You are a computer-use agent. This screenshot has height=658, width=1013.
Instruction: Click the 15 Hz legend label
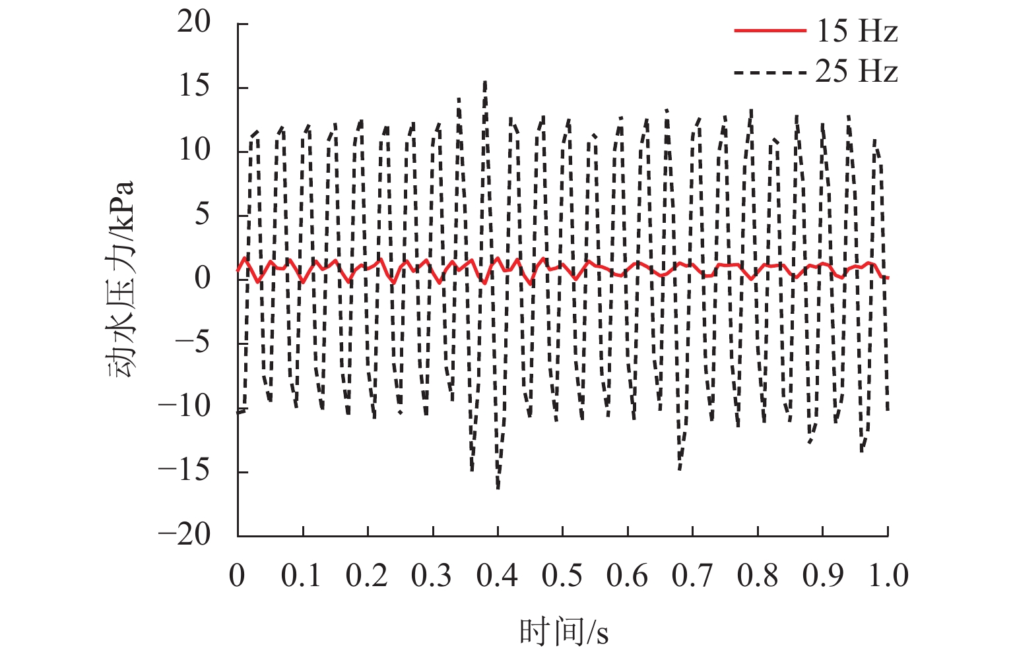pyautogui.click(x=857, y=31)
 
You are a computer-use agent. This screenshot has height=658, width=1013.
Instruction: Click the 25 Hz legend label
pyautogui.click(x=857, y=71)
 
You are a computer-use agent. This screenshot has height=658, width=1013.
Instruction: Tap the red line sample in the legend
pyautogui.click(x=770, y=31)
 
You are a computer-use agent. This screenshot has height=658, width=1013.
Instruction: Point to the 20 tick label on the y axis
pyautogui.click(x=193, y=22)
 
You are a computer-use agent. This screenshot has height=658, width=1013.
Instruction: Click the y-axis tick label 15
pyautogui.click(x=194, y=86)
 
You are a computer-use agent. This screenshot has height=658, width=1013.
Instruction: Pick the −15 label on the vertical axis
pyautogui.click(x=184, y=470)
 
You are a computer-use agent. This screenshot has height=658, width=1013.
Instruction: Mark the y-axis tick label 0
pyautogui.click(x=203, y=278)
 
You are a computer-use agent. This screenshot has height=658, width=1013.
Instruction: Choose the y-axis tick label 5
pyautogui.click(x=203, y=214)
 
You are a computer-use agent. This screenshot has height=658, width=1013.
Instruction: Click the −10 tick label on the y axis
pyautogui.click(x=184, y=406)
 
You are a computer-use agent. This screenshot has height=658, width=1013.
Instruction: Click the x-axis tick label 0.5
pyautogui.click(x=562, y=576)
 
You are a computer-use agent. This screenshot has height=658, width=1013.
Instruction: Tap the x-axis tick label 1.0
pyautogui.click(x=888, y=576)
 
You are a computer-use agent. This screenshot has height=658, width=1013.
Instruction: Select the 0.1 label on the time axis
pyautogui.click(x=302, y=576)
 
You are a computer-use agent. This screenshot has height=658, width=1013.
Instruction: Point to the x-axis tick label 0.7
pyautogui.click(x=692, y=576)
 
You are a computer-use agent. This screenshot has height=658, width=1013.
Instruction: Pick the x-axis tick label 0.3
pyautogui.click(x=432, y=576)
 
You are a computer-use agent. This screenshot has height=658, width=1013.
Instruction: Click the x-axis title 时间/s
pyautogui.click(x=564, y=632)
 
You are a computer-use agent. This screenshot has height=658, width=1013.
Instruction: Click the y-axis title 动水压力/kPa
pyautogui.click(x=121, y=278)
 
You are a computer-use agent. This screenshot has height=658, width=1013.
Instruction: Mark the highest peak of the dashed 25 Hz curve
pyautogui.click(x=486, y=82)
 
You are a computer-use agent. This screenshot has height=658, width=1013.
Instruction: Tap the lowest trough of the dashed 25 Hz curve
pyautogui.click(x=498, y=488)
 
